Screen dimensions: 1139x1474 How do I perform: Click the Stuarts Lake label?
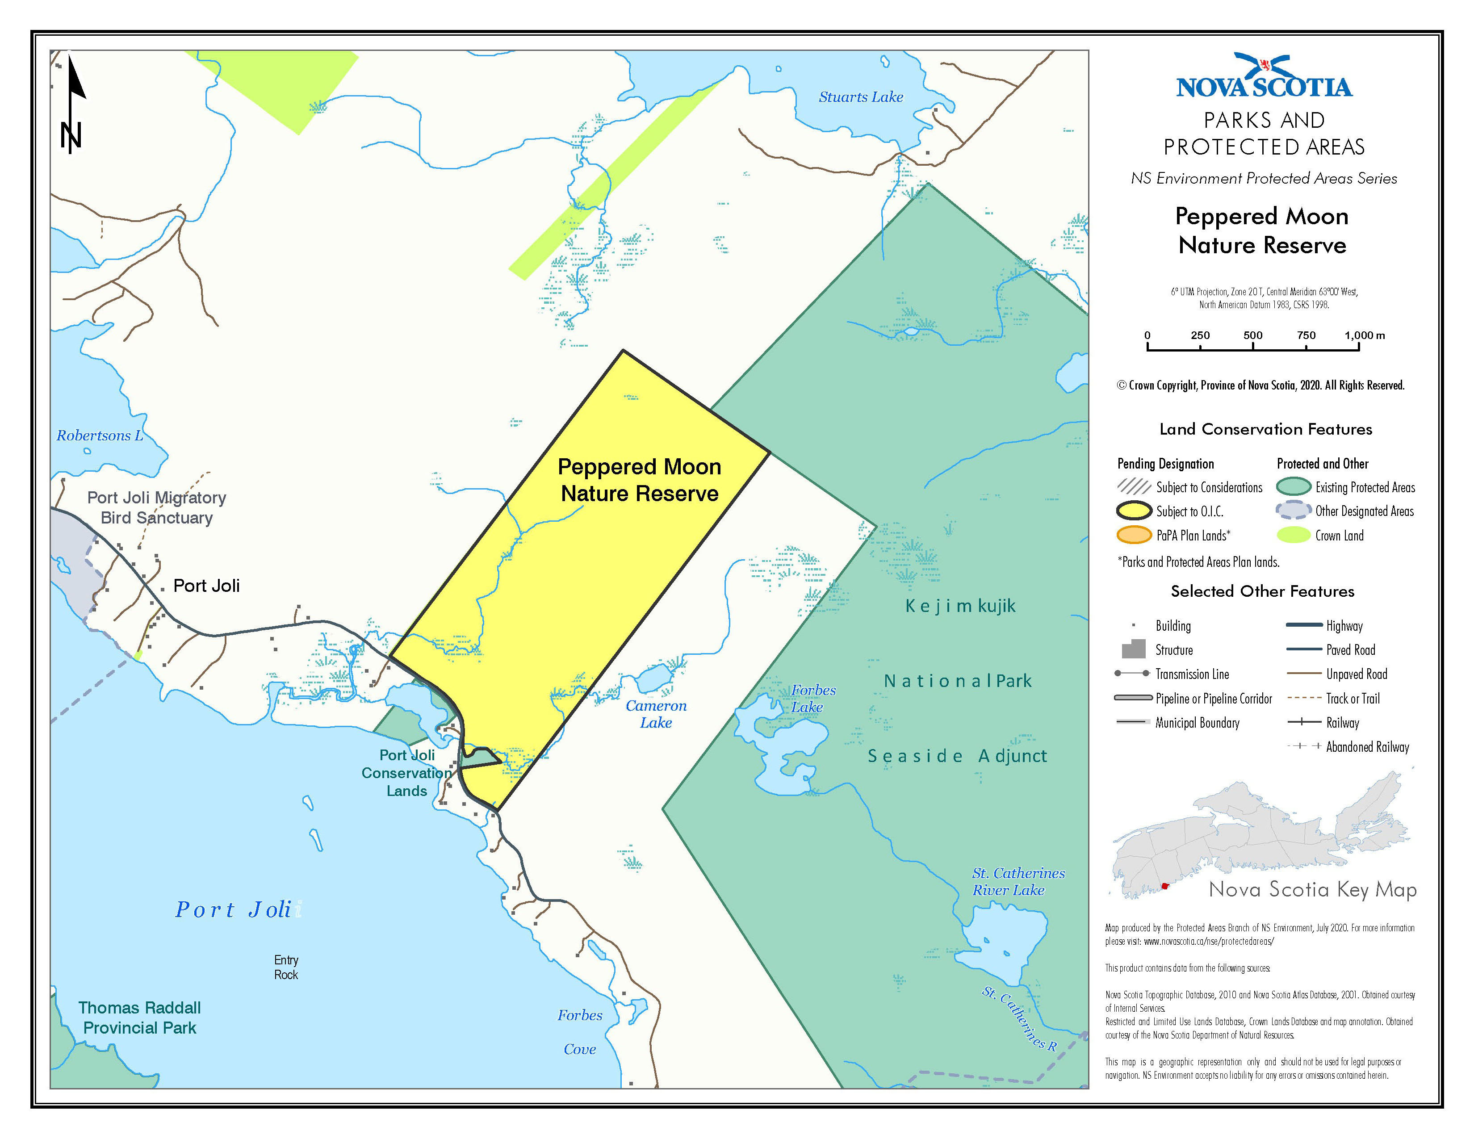[861, 97]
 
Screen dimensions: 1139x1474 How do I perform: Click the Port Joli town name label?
[206, 586]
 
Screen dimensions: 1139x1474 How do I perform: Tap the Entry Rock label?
[286, 967]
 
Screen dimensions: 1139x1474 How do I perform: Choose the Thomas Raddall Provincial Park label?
[140, 1018]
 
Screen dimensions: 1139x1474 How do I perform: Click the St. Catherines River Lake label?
[1018, 881]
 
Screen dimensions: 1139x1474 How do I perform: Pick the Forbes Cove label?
[580, 1032]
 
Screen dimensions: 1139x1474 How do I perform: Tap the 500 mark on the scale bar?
[1252, 336]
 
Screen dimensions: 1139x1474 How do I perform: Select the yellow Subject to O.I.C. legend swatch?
[1134, 511]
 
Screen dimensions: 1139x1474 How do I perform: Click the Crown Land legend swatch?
[1293, 536]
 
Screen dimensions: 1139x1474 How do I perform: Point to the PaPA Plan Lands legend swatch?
[1134, 536]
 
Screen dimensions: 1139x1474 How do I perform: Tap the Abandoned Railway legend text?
[1367, 747]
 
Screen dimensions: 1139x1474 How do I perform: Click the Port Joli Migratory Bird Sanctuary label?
[157, 507]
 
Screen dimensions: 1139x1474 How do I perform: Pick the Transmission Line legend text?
[1192, 674]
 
